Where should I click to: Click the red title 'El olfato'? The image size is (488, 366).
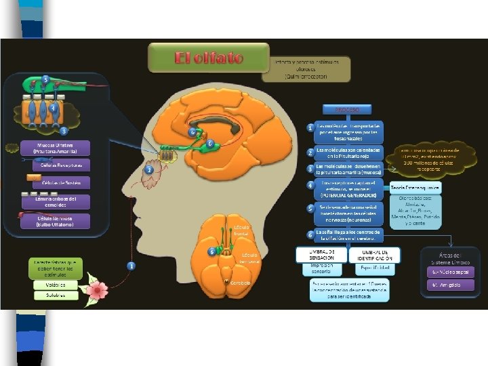click(x=209, y=58)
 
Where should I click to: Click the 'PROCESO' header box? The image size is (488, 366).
click(x=346, y=110)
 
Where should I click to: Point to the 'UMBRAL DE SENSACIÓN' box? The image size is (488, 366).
click(x=317, y=255)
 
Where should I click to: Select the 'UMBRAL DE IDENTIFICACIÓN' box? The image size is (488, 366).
click(x=375, y=255)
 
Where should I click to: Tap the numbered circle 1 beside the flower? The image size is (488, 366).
click(x=131, y=266)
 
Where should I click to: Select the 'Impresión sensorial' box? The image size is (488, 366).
click(x=317, y=268)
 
